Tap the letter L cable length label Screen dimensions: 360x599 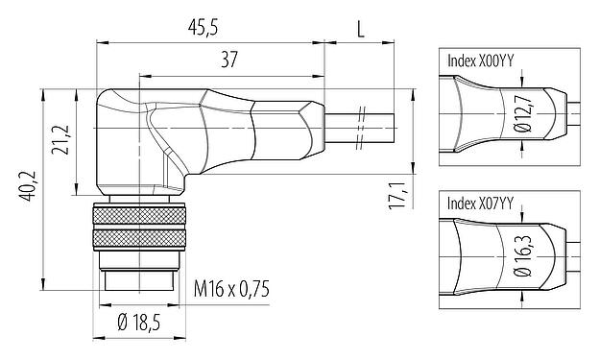(x=360, y=29)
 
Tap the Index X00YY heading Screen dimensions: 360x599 (x=480, y=60)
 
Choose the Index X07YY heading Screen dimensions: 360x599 (x=480, y=204)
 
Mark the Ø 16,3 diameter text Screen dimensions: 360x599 (x=520, y=260)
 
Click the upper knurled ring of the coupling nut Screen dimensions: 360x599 (x=135, y=215)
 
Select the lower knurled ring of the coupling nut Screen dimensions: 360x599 (x=135, y=241)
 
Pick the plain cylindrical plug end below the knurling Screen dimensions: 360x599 (x=135, y=278)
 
